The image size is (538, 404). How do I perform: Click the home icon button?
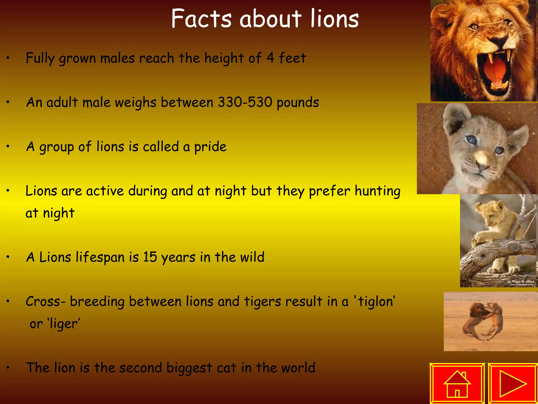click(x=457, y=383)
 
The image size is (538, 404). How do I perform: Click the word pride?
click(x=210, y=147)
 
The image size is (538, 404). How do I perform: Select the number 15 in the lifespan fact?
click(x=150, y=257)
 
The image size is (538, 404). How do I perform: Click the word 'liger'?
click(x=64, y=324)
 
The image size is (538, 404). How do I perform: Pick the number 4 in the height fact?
click(x=270, y=58)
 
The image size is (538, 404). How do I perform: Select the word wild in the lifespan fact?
click(x=252, y=257)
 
